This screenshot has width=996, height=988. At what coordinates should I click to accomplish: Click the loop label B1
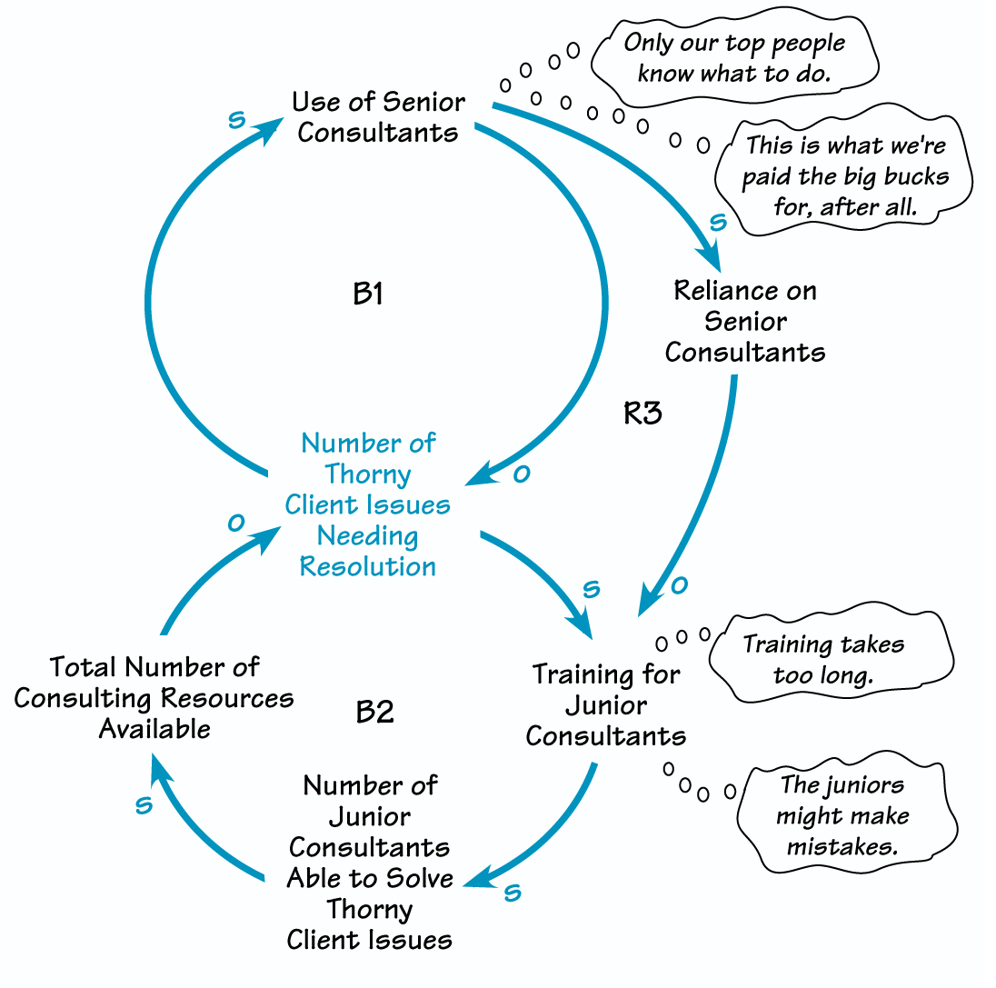tap(367, 294)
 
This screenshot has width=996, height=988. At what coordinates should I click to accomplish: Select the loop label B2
tap(373, 712)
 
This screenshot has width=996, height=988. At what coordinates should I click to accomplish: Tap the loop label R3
tap(642, 414)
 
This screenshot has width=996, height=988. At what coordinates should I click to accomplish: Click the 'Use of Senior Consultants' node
tap(378, 117)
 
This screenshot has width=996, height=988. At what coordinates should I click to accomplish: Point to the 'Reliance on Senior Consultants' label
tap(745, 321)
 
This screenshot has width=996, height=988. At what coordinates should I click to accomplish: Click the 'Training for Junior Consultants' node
tap(606, 705)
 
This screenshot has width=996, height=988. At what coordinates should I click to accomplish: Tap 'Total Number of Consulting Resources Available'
tap(154, 698)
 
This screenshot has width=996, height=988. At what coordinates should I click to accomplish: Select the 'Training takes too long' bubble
tap(823, 659)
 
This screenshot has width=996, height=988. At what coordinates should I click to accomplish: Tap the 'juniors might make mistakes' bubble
tap(842, 815)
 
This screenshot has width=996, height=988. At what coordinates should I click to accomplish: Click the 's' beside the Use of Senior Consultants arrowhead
tap(236, 120)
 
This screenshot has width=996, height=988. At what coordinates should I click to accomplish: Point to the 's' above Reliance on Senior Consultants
tap(717, 223)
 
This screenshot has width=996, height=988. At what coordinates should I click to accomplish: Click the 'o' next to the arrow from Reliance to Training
tap(679, 586)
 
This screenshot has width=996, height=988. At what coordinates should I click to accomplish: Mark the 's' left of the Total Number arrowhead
tap(144, 805)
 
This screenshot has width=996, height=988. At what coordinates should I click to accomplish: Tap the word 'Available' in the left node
tap(154, 729)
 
